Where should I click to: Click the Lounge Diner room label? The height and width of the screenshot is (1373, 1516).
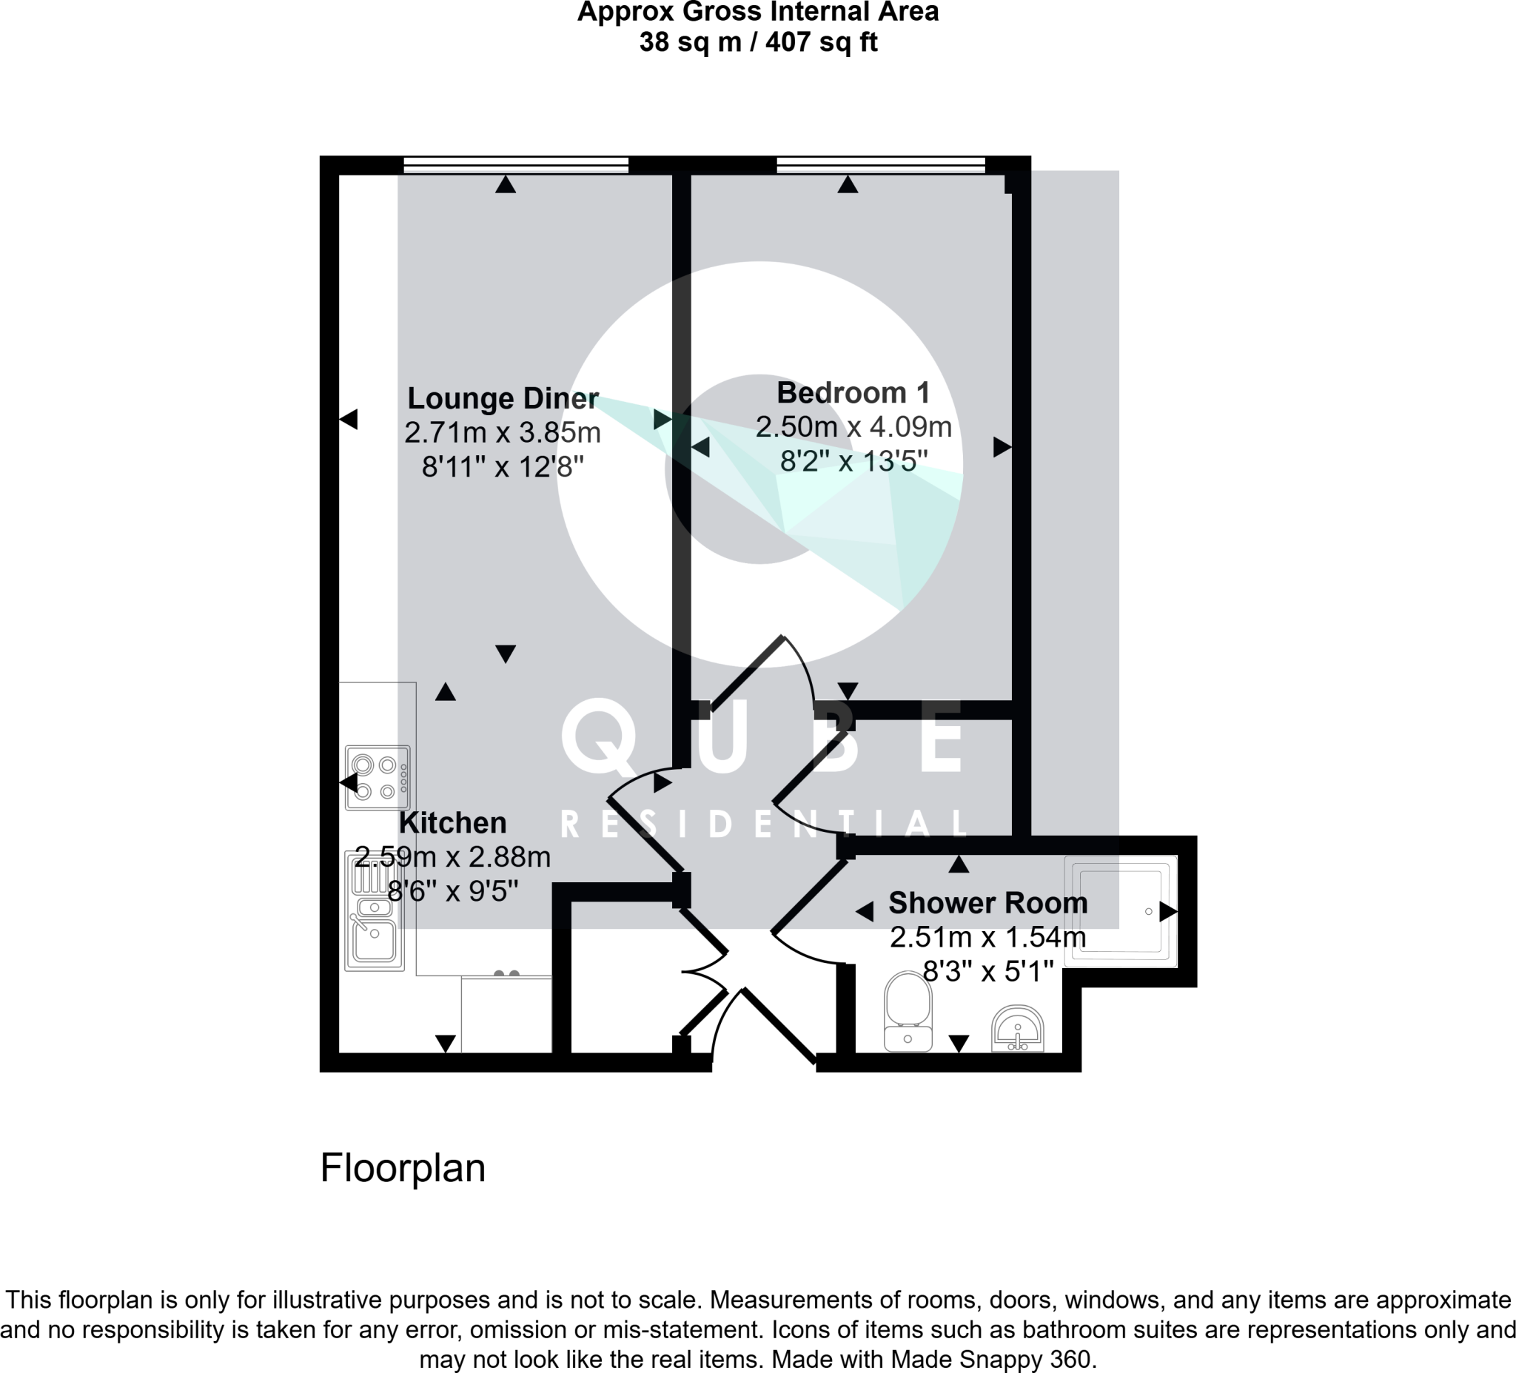(x=503, y=397)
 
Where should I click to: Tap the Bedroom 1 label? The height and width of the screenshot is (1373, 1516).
(x=853, y=392)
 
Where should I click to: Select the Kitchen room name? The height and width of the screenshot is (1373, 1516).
(x=452, y=822)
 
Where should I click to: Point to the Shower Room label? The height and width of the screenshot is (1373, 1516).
(x=987, y=902)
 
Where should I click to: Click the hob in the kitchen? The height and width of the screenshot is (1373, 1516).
(x=378, y=777)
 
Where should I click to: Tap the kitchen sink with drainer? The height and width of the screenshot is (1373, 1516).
(x=375, y=910)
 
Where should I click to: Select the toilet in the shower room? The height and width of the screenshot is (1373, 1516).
(x=908, y=1010)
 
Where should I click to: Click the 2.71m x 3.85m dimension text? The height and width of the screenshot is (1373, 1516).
(x=503, y=432)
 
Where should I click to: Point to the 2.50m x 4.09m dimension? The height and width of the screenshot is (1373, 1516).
(x=853, y=427)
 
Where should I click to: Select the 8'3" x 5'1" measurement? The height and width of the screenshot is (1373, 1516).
(x=987, y=972)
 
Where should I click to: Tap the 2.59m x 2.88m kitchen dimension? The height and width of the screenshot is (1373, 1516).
(x=452, y=856)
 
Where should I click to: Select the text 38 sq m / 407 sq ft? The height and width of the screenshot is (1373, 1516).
(x=758, y=42)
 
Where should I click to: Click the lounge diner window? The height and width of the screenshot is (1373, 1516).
(x=516, y=164)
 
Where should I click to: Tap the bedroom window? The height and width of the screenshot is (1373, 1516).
(x=881, y=164)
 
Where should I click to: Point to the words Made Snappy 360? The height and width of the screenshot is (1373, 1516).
(x=991, y=1359)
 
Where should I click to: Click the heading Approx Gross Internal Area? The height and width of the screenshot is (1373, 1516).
(x=758, y=12)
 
